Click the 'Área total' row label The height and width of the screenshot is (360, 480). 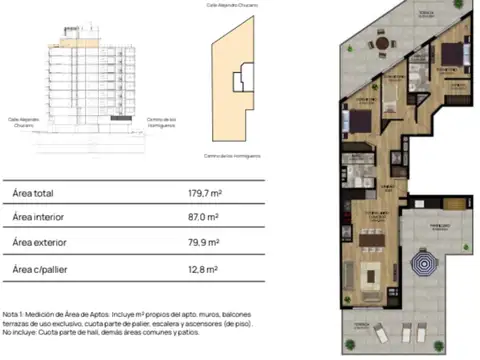(33, 194)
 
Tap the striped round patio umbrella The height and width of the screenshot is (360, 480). (427, 265)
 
